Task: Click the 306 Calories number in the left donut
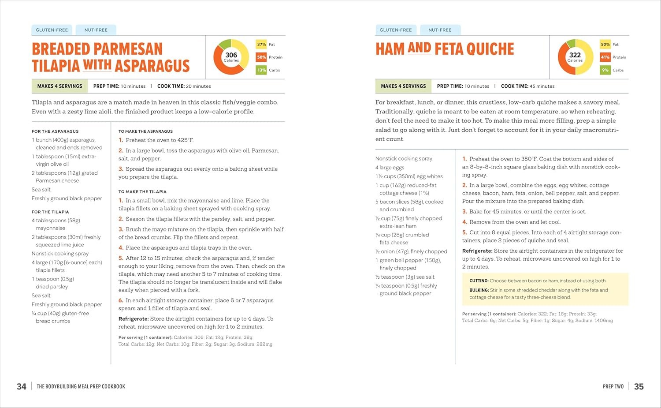(x=231, y=55)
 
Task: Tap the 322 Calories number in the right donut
(x=575, y=55)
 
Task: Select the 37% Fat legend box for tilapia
(x=261, y=44)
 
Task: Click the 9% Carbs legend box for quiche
(x=605, y=70)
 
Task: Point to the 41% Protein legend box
(x=605, y=57)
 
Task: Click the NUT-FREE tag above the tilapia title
(x=96, y=30)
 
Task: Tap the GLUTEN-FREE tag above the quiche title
(x=395, y=30)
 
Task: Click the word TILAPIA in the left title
(x=56, y=66)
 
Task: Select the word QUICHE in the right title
(x=490, y=49)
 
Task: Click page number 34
(x=22, y=387)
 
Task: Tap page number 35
(x=639, y=387)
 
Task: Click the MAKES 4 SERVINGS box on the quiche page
(x=403, y=86)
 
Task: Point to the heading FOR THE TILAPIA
(x=50, y=212)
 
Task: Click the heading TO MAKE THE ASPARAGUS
(x=145, y=131)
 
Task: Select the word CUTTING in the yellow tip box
(x=479, y=281)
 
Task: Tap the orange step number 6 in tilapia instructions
(x=121, y=300)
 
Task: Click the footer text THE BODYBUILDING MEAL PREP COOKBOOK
(x=81, y=387)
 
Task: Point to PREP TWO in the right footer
(x=613, y=387)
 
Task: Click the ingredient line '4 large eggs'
(x=390, y=168)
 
